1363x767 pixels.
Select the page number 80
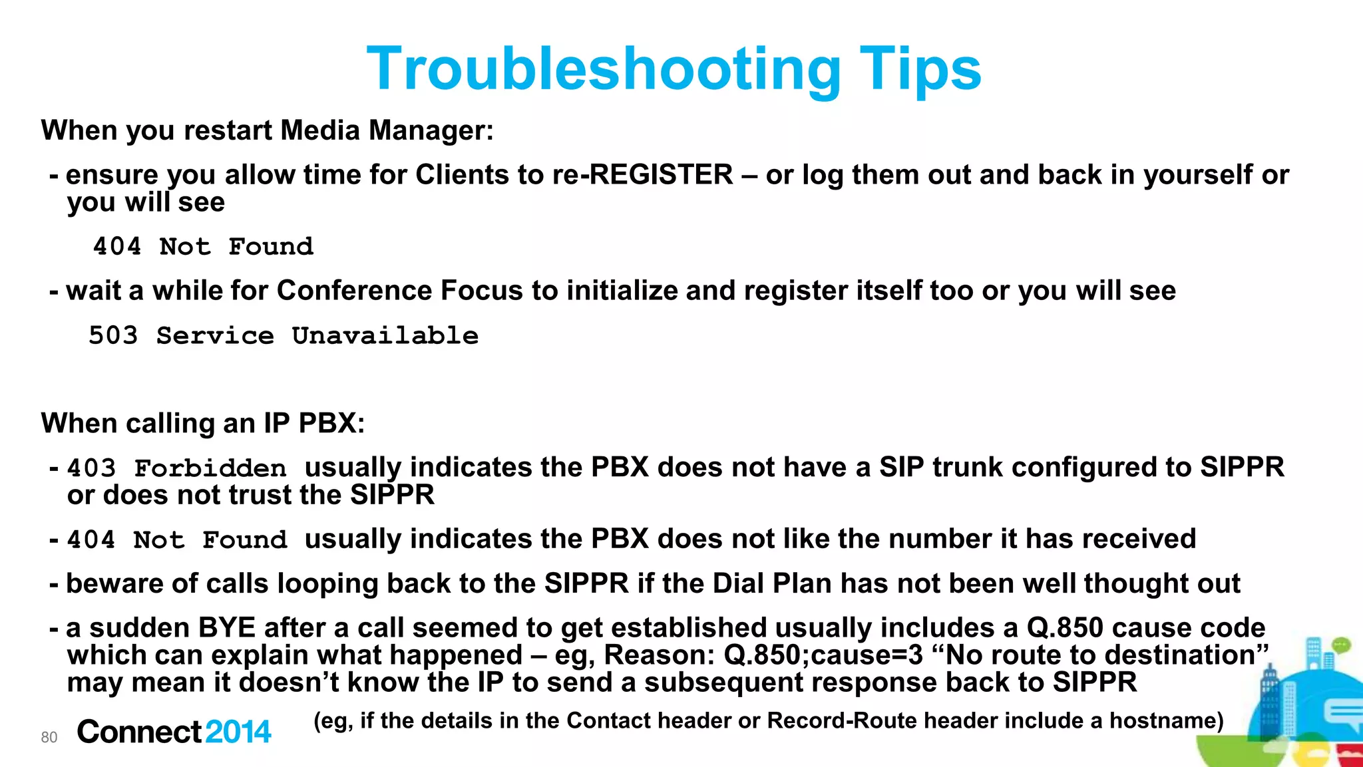pos(49,737)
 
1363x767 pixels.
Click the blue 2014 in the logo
pos(238,732)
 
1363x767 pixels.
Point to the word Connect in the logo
pos(139,732)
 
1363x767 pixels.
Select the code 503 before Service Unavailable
pos(113,335)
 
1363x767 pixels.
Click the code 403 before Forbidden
pos(92,468)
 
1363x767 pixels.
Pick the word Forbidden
pos(210,468)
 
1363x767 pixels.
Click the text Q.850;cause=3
pos(823,655)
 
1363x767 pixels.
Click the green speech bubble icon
pos(1340,645)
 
